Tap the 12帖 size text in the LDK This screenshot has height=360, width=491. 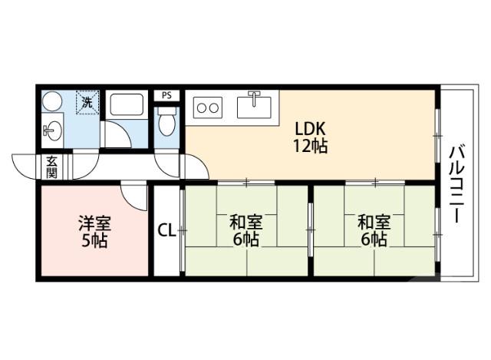tap(309, 146)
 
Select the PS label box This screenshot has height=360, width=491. tap(166, 96)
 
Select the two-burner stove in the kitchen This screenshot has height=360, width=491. tap(209, 107)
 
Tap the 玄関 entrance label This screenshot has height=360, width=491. tap(51, 167)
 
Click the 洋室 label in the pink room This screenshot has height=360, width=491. tap(94, 224)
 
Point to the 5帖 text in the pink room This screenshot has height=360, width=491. tap(94, 240)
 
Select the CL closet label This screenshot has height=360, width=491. tap(166, 230)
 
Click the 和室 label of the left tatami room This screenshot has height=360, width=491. tap(246, 223)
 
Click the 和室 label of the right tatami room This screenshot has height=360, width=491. tap(374, 223)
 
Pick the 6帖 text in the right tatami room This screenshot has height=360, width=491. tap(374, 239)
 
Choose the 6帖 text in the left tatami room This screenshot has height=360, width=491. tap(246, 239)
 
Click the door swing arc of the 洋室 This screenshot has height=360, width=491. tap(135, 198)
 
